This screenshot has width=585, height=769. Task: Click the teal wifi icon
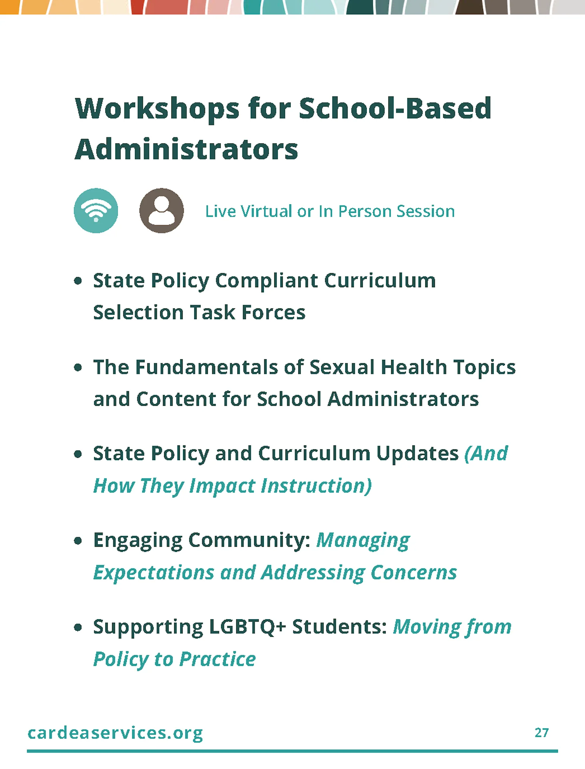click(96, 211)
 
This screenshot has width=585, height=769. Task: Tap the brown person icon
click(161, 211)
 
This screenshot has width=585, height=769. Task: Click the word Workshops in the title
click(157, 109)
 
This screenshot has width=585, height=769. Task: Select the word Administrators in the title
click(186, 149)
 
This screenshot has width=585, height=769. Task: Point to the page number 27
click(541, 733)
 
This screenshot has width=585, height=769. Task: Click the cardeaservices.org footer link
click(115, 733)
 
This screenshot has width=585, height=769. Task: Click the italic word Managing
click(363, 541)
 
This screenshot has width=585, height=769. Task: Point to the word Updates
click(417, 454)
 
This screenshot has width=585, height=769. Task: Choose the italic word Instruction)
click(316, 486)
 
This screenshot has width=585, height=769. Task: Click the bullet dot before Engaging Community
click(78, 541)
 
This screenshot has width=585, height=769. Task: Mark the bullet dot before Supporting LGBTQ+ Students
click(78, 627)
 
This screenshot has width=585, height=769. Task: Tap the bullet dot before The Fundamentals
click(78, 367)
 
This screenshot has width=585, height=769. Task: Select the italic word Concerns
click(414, 573)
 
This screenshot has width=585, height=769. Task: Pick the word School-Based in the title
click(395, 109)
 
